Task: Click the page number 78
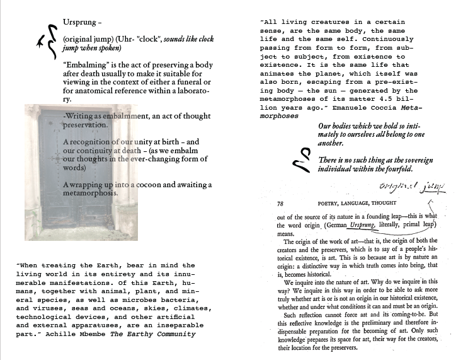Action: point(282,203)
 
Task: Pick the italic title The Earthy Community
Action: point(152,334)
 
